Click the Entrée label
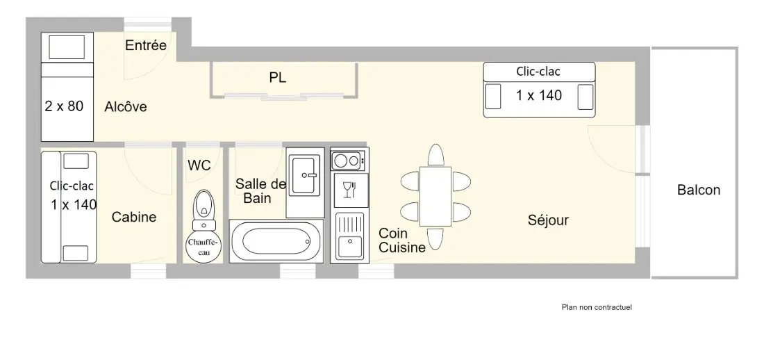coord(146,45)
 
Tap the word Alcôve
coord(126,107)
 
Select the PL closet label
coord(278,78)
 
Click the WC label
coord(199,165)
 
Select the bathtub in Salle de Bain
coord(276,241)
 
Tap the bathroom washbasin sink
coord(305,173)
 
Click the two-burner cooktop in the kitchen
coord(349,160)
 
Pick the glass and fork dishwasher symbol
coord(350,190)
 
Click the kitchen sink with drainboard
coord(350,236)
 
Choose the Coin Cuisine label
coord(402,240)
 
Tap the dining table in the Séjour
coord(435,196)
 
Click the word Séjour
coord(548,220)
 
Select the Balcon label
coord(699,190)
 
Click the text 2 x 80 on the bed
coord(65,106)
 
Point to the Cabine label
coord(134,217)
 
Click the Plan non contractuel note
coord(597,307)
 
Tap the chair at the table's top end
coord(435,155)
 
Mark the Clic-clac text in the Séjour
coord(538,72)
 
